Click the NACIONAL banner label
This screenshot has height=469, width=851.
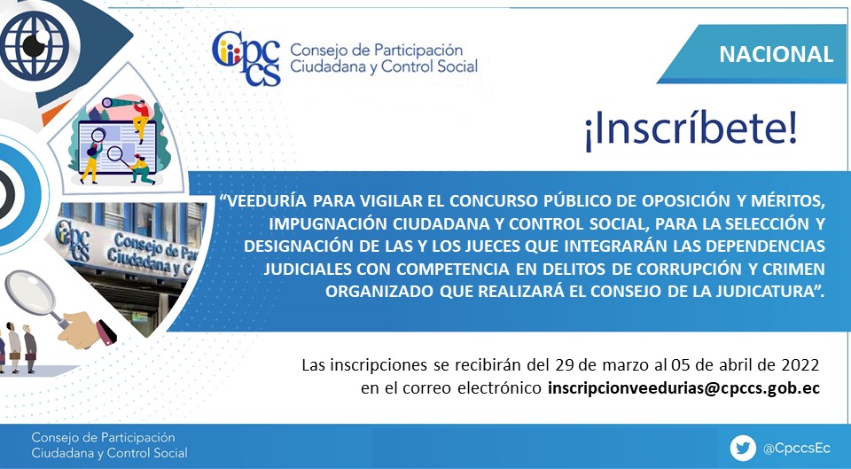coord(776,54)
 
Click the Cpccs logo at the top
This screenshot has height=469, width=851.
coord(246,59)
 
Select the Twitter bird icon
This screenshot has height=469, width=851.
coord(743,449)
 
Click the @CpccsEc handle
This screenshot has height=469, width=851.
coord(796,449)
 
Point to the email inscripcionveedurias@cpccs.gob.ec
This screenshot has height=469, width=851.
coord(683,388)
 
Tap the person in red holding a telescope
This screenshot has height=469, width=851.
coord(141,118)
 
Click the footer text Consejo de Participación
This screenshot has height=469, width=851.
coord(103,437)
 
